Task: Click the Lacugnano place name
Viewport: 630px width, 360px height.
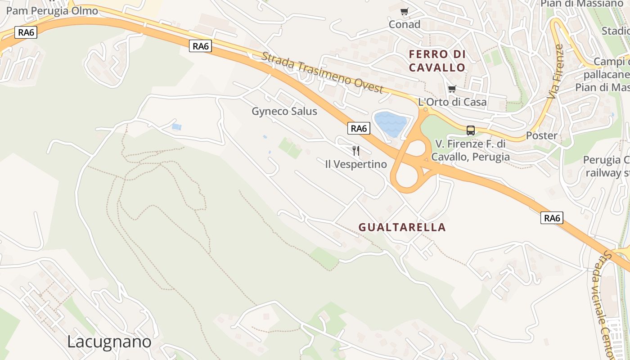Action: tap(109, 342)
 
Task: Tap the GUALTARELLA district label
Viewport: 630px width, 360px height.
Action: tap(402, 227)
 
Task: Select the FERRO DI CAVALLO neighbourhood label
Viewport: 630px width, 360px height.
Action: tap(437, 61)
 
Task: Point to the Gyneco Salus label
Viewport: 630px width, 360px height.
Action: tap(284, 111)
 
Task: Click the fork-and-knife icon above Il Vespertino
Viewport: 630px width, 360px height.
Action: tap(356, 150)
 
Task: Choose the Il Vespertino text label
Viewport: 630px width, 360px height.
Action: tap(356, 164)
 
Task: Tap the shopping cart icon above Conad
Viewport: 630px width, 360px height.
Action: tap(405, 11)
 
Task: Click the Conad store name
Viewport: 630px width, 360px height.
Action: tap(405, 24)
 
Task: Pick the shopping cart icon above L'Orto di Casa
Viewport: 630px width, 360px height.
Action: tap(452, 89)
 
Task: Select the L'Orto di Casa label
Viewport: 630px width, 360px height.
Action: tap(452, 102)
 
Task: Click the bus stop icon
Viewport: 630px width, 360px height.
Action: tap(471, 130)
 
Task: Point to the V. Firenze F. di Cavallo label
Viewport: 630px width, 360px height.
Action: tap(471, 150)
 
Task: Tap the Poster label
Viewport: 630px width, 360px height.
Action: tap(542, 135)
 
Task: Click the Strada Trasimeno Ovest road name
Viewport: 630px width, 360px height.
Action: tap(322, 72)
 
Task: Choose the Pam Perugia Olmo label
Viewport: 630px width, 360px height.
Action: tap(52, 11)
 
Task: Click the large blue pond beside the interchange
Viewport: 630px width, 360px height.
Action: tap(391, 124)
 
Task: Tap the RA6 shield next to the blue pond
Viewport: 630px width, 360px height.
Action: tap(359, 129)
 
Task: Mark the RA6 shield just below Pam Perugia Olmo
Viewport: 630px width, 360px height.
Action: tap(26, 32)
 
